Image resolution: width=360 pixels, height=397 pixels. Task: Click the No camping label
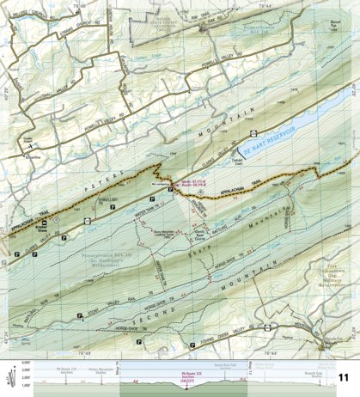coord(159,185)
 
